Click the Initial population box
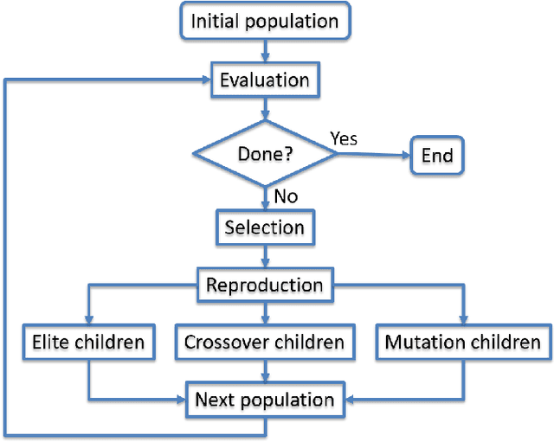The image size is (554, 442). [x=265, y=21]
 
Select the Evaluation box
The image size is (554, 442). [x=265, y=80]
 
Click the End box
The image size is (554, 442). [x=437, y=156]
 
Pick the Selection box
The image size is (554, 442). [x=265, y=228]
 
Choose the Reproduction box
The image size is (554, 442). [x=265, y=285]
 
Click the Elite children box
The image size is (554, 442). [x=88, y=343]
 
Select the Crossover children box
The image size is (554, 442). [x=265, y=343]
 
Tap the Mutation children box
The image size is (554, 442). [x=462, y=343]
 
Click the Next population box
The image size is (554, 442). [x=265, y=400]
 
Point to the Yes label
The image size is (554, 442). [x=344, y=138]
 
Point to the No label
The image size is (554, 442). [x=286, y=196]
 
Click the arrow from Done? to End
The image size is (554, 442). [x=372, y=156]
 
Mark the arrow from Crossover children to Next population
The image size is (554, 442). [x=265, y=371]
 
